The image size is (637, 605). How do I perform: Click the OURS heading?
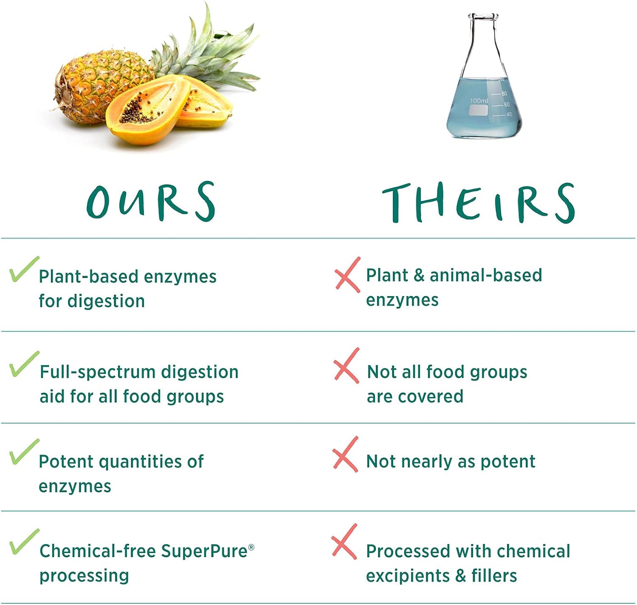coord(151,201)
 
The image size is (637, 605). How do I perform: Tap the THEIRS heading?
coord(479,203)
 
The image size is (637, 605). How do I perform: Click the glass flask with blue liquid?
coord(484,76)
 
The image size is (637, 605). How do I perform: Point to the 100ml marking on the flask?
coord(479,101)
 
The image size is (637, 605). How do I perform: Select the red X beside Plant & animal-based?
coord(348,274)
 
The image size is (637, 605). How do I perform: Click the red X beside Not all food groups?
coord(347,365)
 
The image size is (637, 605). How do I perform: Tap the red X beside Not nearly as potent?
coord(345,454)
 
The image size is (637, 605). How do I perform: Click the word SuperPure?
coord(204,551)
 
